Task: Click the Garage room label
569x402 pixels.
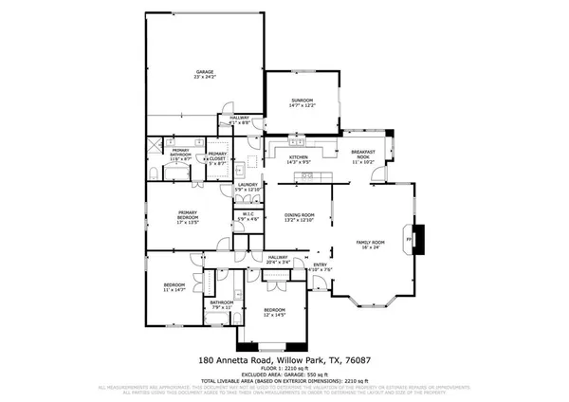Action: [204, 75]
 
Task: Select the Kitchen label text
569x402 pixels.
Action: [299, 159]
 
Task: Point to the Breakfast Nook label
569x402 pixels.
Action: [364, 156]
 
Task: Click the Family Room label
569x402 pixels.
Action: [370, 246]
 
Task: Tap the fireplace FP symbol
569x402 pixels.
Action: [410, 239]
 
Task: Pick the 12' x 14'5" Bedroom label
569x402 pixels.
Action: [274, 313]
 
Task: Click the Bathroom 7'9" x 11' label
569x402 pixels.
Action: [222, 306]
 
